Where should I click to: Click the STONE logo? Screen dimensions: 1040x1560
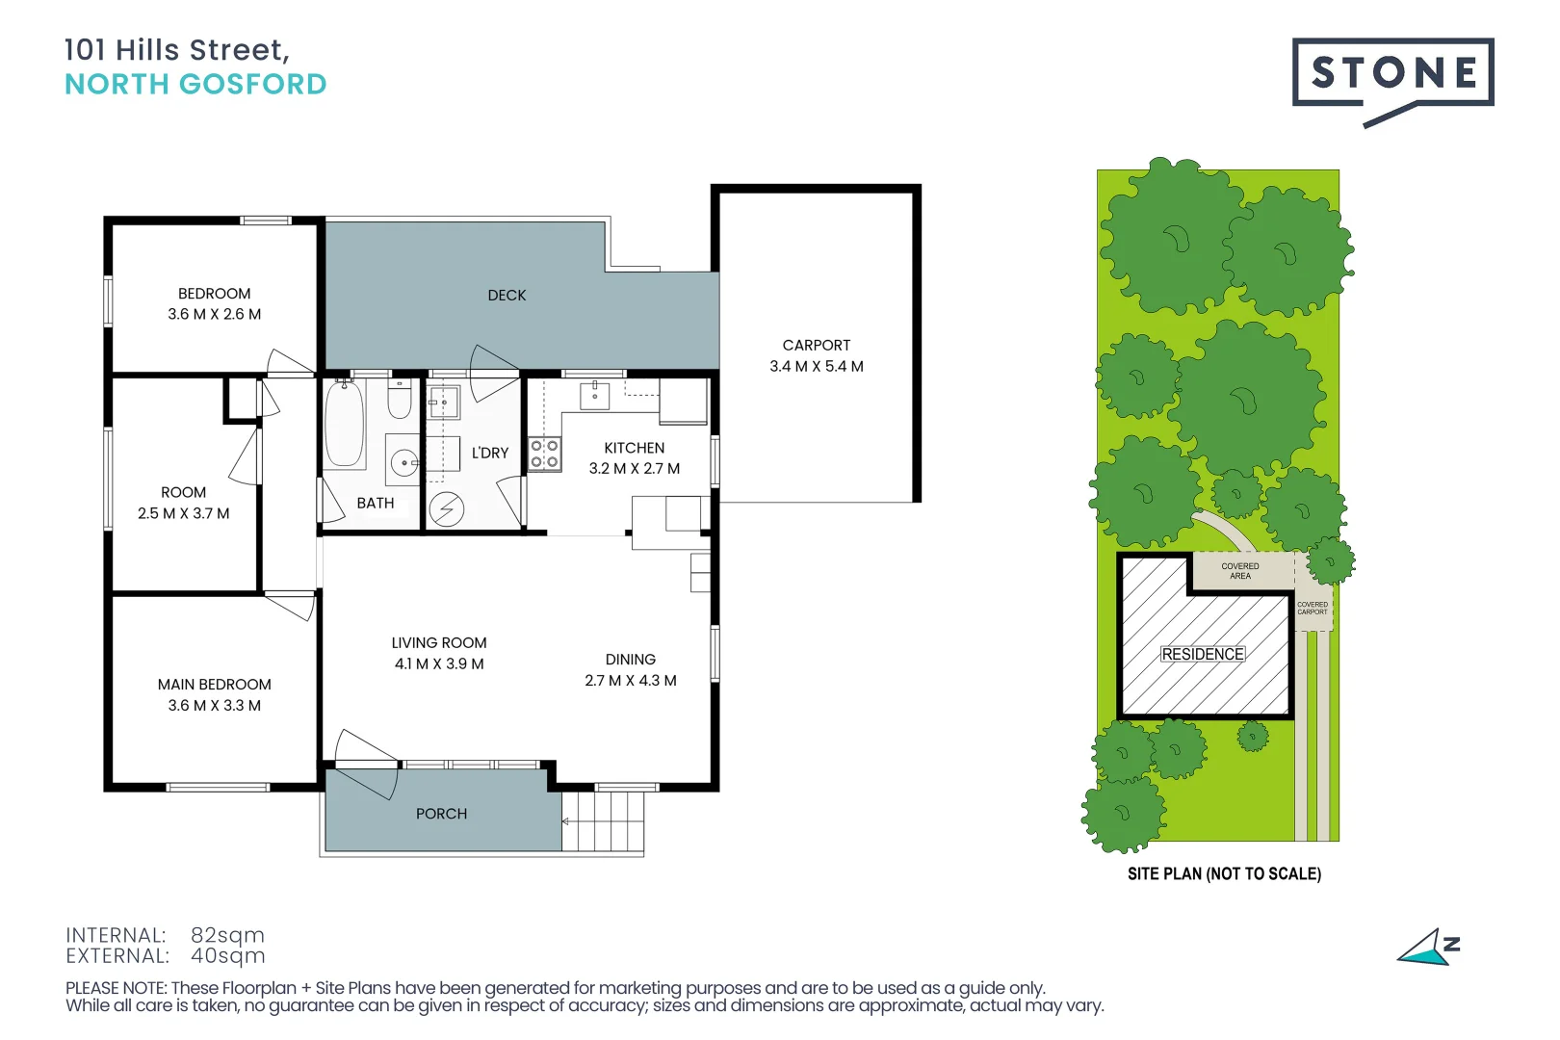click(1392, 73)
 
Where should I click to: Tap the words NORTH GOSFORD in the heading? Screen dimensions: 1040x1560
click(195, 85)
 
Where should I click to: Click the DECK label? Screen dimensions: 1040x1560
click(507, 296)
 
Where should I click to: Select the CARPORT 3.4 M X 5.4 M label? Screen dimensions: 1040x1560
click(817, 355)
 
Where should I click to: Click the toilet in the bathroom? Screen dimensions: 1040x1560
click(400, 399)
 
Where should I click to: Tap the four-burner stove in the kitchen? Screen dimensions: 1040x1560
click(545, 454)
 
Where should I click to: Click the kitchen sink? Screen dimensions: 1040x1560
click(594, 395)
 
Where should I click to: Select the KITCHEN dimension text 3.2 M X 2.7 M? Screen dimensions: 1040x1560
click(635, 469)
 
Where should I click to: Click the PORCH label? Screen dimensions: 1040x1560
click(441, 814)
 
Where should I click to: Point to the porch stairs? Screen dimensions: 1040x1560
click(603, 820)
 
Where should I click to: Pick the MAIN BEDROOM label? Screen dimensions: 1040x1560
click(215, 685)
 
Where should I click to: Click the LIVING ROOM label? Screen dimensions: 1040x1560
click(439, 643)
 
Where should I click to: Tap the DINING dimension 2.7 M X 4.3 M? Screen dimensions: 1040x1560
click(631, 681)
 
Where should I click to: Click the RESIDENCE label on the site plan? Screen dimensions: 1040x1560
click(1203, 654)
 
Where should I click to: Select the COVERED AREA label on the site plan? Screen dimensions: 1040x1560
click(1240, 571)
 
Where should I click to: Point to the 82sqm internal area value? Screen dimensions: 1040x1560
click(227, 935)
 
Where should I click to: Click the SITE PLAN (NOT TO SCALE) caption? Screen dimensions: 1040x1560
click(1224, 874)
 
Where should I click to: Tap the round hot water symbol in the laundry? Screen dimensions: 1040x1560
click(447, 508)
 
